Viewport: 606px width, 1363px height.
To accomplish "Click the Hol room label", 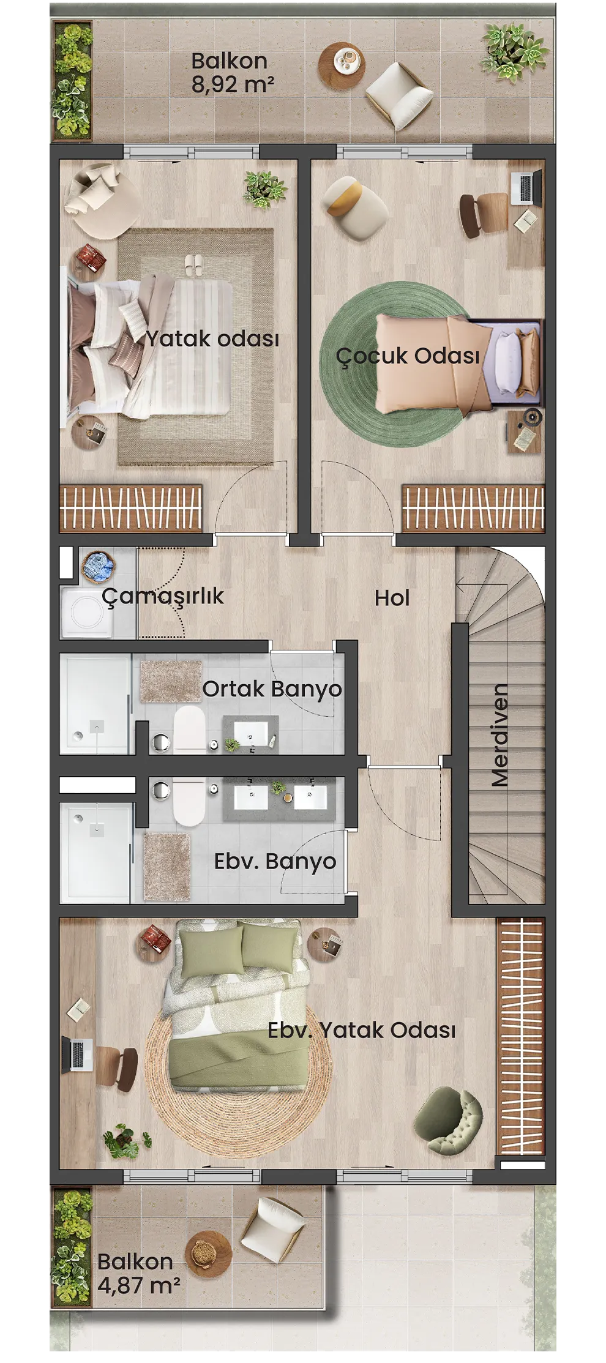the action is click(x=392, y=598).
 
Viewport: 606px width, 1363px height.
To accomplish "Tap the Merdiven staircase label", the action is click(x=499, y=734).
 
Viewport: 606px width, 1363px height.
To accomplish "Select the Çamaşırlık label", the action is click(x=163, y=596).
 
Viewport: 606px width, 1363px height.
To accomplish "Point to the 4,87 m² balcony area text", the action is click(x=138, y=1285).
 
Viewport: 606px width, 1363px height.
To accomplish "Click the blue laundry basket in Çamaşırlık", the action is click(x=99, y=565).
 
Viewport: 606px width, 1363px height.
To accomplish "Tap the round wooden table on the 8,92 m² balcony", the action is click(x=341, y=62).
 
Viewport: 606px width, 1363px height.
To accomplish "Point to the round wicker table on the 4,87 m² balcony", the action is click(x=208, y=1254).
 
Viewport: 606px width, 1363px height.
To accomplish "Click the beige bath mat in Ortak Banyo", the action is click(x=171, y=681).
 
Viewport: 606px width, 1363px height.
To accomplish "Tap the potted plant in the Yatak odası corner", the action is click(x=264, y=189).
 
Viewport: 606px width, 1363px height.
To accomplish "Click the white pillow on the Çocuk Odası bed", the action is click(x=507, y=362).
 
